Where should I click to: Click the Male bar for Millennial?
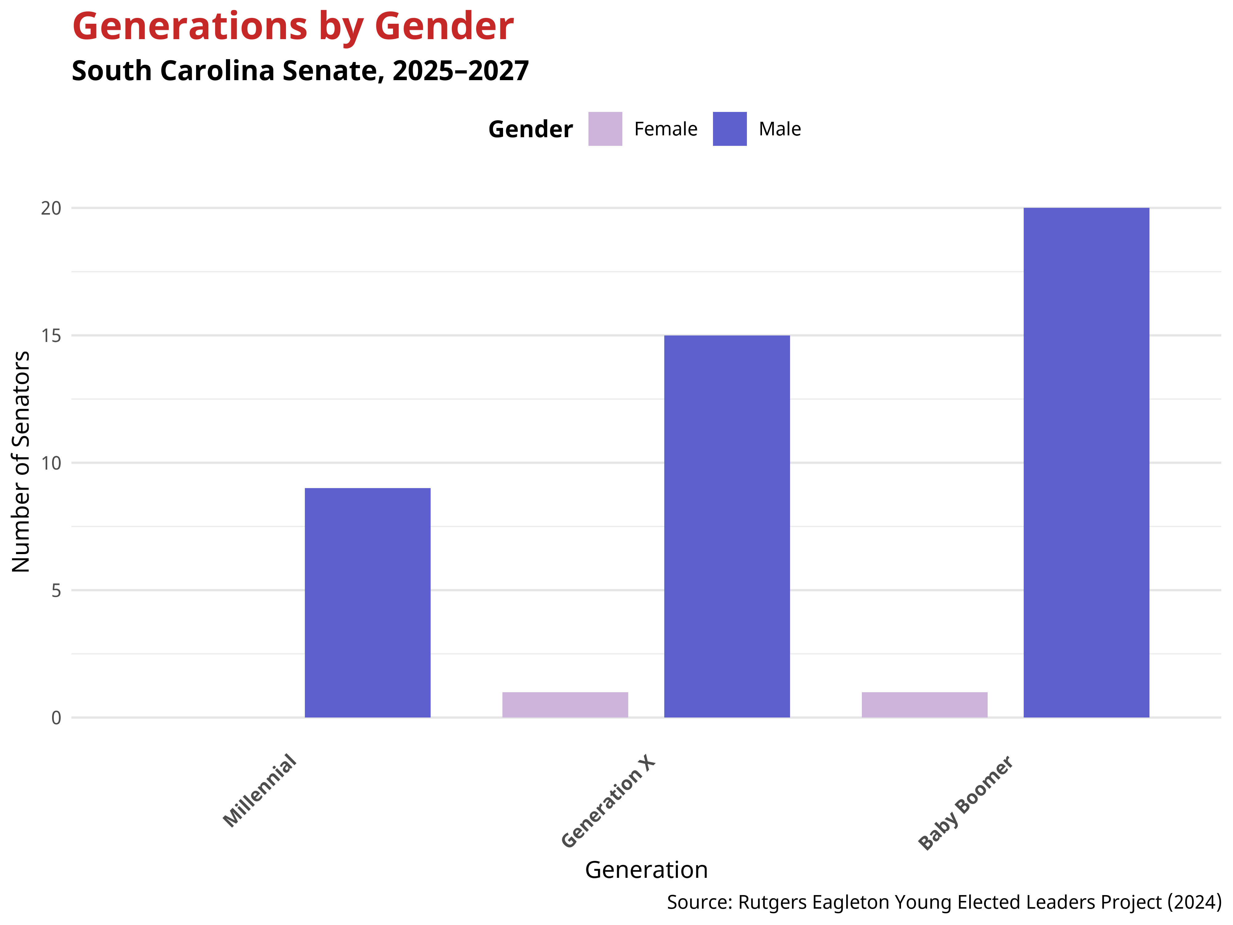(x=367, y=602)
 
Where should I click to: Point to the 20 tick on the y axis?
(x=51, y=208)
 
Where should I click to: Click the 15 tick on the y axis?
(x=51, y=336)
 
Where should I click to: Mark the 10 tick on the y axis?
(x=51, y=463)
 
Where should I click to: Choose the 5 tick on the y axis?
(x=56, y=590)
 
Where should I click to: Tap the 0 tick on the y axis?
(x=56, y=717)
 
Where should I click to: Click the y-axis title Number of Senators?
(x=21, y=462)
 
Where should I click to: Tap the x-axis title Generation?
(x=646, y=870)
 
